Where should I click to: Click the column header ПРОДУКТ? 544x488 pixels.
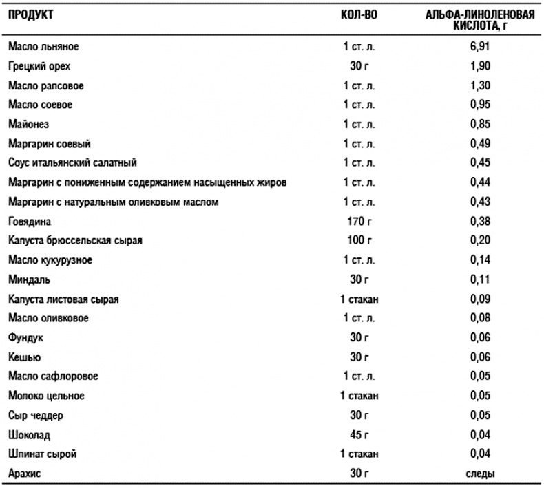31,15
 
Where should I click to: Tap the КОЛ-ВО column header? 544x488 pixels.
359,15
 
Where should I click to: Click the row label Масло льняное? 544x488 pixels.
44,47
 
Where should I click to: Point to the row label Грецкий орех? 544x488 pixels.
40,67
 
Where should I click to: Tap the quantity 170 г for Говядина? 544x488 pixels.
359,222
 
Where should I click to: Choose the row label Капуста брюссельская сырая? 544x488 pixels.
75,241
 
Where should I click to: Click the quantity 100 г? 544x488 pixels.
359,241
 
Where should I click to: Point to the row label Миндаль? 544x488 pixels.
29,280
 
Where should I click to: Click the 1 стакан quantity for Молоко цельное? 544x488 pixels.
359,396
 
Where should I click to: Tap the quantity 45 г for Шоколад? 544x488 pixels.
359,435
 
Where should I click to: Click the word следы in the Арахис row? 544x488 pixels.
481,474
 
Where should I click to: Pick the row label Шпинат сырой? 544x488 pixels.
43,454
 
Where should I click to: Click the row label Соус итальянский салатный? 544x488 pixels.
72,163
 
